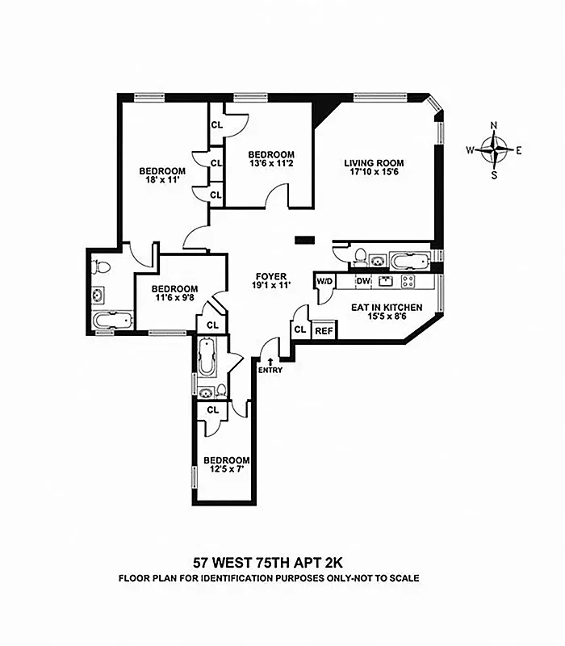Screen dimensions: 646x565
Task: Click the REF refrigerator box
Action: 324,329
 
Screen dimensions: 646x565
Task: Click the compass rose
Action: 495,149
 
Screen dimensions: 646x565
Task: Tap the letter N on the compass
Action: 495,125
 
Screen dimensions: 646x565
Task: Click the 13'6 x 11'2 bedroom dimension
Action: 270,166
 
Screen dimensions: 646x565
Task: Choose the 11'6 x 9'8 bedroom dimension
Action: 174,300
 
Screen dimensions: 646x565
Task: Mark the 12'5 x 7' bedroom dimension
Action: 221,471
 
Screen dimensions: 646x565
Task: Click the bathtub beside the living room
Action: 412,260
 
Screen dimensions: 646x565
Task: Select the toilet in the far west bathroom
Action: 99,266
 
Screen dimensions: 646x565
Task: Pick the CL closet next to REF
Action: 299,329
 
